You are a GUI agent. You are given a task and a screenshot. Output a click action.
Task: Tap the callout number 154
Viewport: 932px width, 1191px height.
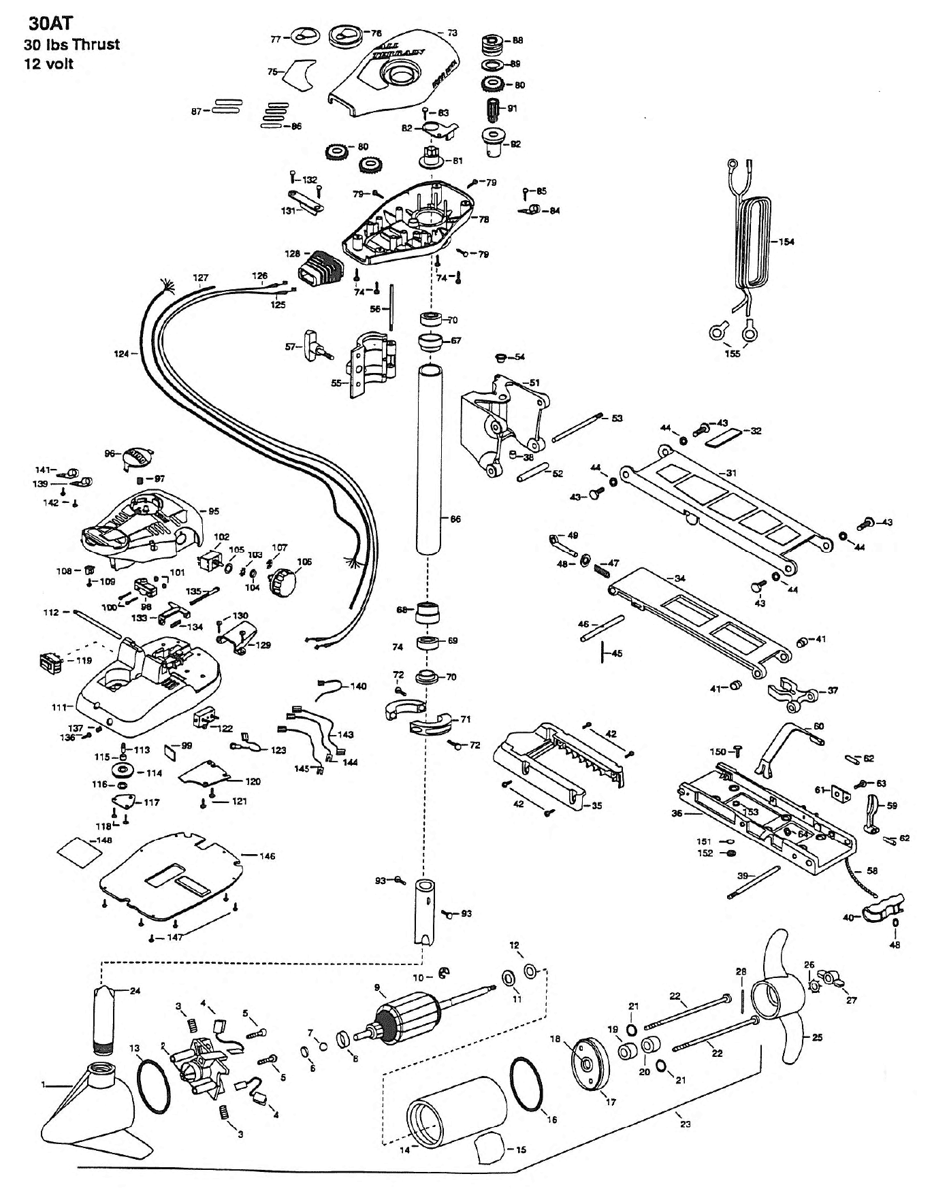click(786, 242)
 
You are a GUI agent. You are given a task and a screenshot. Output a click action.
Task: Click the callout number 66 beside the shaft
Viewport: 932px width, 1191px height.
click(455, 519)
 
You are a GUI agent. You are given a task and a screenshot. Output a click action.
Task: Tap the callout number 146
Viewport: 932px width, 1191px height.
click(267, 856)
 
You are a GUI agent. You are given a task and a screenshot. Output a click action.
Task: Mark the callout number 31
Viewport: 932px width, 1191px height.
click(732, 472)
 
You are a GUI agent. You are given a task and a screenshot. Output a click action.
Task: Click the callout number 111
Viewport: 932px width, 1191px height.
click(59, 708)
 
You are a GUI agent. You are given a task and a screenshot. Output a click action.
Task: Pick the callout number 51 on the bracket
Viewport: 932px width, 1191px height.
click(534, 382)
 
